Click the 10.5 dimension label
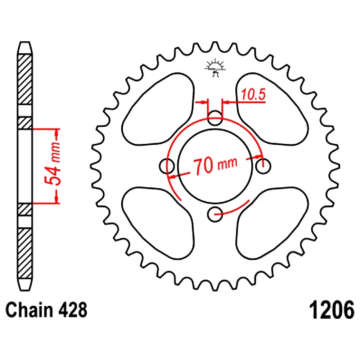(253, 95)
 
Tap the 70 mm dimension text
(215, 165)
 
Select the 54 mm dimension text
(53, 164)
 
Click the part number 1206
(332, 310)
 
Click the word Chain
(29, 310)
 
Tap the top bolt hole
(215, 118)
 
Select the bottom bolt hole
(215, 214)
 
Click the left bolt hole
(167, 166)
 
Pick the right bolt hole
(263, 166)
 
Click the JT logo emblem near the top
(215, 68)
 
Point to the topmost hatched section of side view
(25, 80)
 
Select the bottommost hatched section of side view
(25, 254)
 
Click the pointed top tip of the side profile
(25, 43)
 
